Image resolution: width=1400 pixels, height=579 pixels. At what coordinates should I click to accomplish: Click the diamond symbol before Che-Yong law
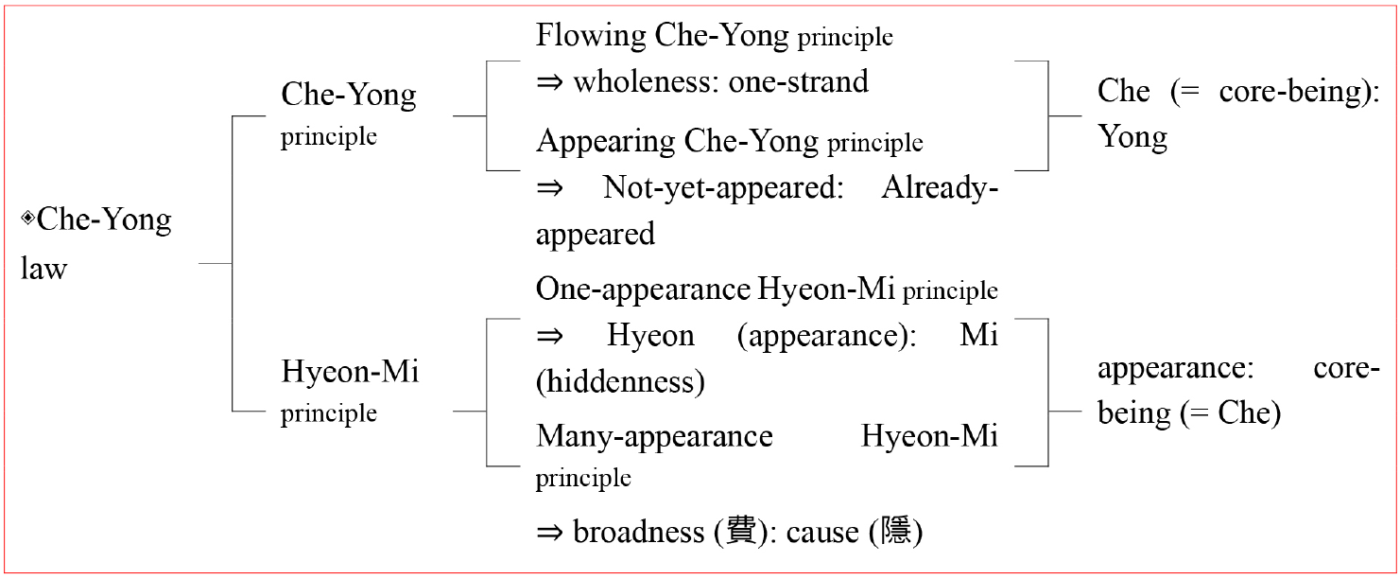[27, 218]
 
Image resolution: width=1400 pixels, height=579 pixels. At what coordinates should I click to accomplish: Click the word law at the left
[43, 269]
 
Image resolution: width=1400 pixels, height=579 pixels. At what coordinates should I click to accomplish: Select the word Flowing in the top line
[591, 36]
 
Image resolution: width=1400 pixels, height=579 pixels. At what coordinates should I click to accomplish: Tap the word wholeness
[647, 82]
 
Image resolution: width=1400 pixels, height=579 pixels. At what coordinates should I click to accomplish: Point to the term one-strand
[799, 82]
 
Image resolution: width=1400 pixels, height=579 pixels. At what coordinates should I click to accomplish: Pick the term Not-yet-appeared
[724, 187]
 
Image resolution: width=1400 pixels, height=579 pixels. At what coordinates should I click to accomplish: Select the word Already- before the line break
[940, 187]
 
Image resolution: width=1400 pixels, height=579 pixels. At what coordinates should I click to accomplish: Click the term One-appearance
[643, 290]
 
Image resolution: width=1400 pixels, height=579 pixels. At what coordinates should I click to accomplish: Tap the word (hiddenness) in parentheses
[621, 382]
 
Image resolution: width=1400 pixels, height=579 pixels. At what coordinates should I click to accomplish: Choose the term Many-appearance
[654, 437]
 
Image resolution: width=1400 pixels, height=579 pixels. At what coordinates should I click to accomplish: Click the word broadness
[639, 533]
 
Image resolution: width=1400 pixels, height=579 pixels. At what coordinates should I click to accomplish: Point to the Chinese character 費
[742, 532]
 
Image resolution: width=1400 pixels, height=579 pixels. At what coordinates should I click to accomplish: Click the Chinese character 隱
[895, 532]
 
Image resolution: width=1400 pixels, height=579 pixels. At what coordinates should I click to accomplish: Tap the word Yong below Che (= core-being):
[1132, 137]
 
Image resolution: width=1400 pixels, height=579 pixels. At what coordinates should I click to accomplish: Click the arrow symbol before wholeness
[549, 82]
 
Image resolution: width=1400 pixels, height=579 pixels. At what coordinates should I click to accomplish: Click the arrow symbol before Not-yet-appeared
[549, 188]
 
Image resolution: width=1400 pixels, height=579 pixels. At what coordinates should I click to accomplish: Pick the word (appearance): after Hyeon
[827, 337]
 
